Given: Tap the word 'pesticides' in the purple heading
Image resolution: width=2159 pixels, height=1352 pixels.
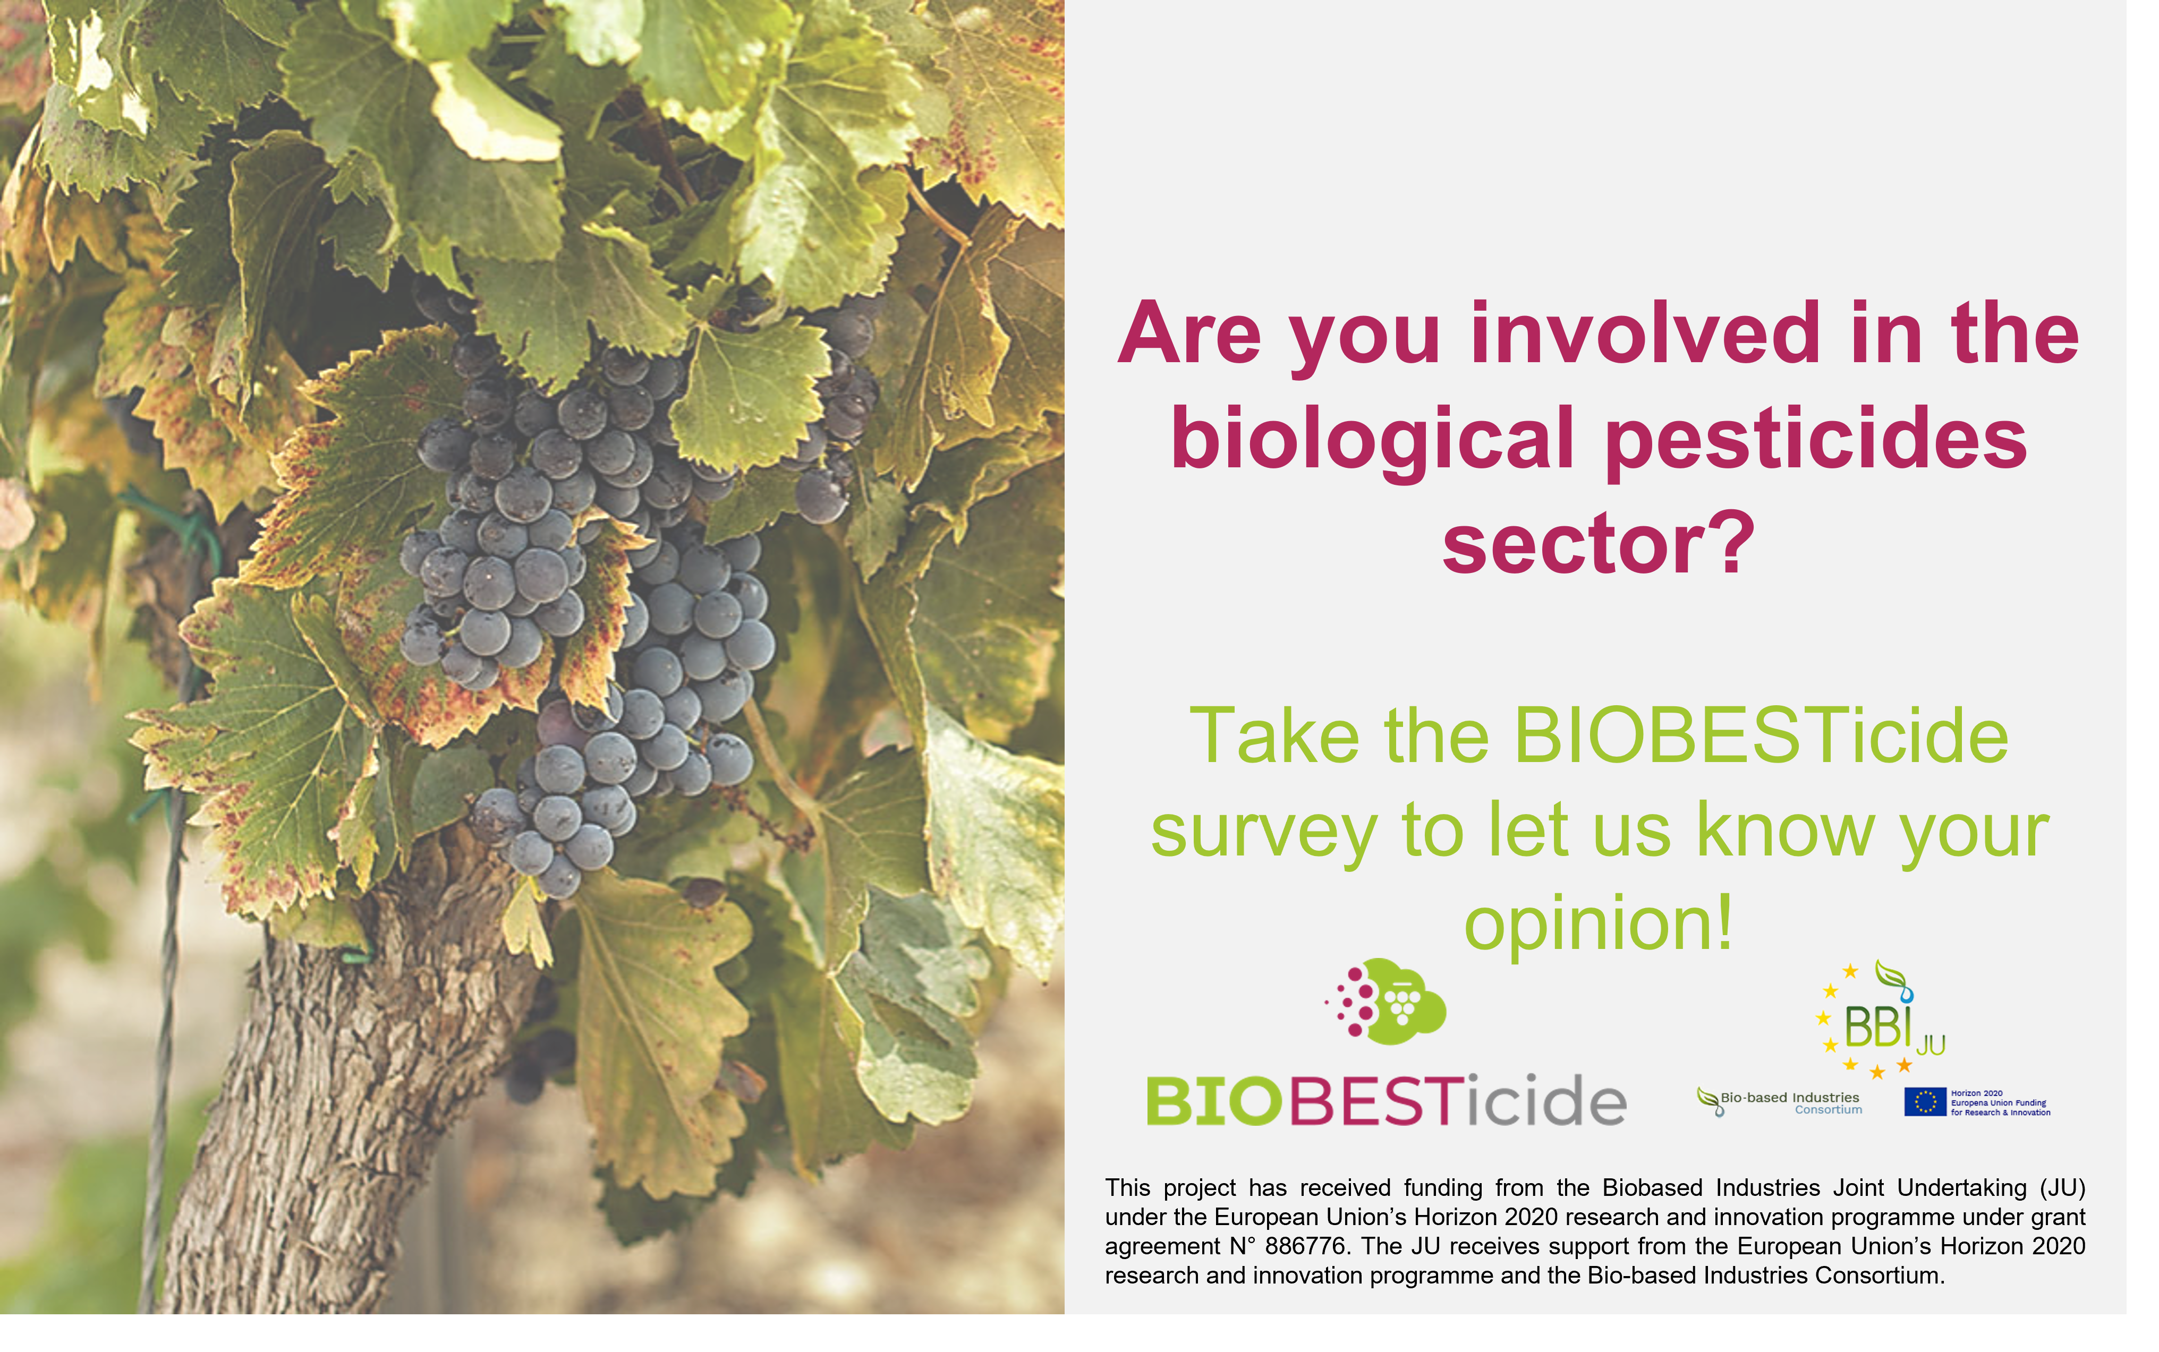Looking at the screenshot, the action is point(1816,438).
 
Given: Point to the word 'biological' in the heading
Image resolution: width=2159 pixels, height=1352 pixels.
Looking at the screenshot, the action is point(1373,438).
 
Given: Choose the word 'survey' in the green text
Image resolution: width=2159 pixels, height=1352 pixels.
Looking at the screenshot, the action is point(1264,832).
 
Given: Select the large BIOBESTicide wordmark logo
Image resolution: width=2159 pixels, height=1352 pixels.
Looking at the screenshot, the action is point(1386,1100).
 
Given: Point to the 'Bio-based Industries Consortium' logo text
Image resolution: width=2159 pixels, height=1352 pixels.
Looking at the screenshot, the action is point(1780,1102).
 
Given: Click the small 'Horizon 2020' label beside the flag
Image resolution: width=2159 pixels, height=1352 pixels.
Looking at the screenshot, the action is point(1977,1093).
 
